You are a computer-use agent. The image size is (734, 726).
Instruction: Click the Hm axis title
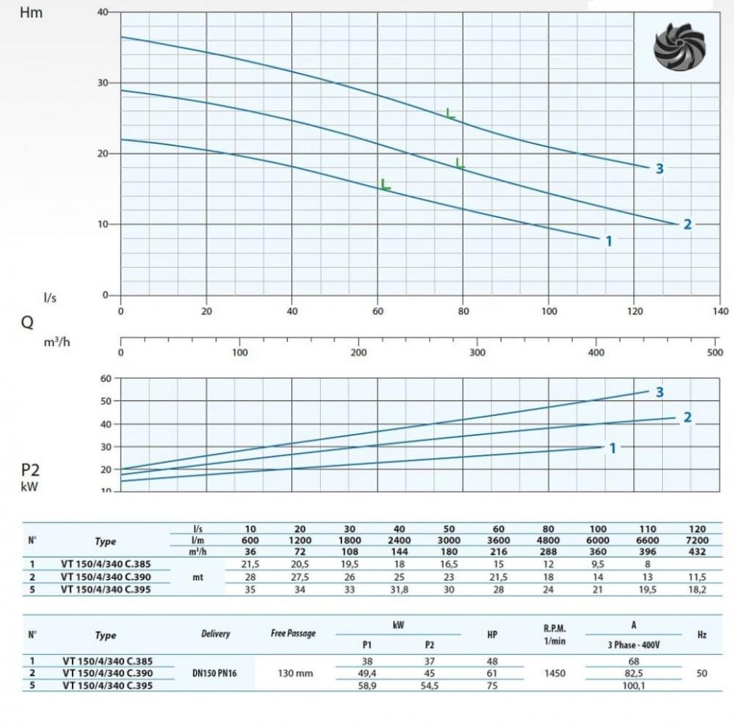tap(30, 13)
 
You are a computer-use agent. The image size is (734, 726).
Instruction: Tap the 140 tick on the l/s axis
tap(719, 311)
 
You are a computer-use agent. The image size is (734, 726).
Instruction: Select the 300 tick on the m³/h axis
tap(477, 353)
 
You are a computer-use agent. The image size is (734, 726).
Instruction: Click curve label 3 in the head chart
tap(659, 168)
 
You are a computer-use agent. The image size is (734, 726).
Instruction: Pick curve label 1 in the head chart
tap(608, 241)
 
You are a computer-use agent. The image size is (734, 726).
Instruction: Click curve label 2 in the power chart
tap(687, 417)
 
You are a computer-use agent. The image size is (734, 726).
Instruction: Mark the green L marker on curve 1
tap(385, 184)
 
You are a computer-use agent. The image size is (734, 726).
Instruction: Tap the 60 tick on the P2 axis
tap(106, 379)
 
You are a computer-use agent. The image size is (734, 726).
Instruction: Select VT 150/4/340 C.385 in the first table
tap(107, 563)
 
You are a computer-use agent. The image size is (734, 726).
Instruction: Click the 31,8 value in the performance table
tap(399, 589)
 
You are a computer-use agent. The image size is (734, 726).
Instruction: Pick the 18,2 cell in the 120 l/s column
tap(694, 589)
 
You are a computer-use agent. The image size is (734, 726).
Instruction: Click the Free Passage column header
tap(293, 633)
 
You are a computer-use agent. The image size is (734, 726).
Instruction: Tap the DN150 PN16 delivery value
tap(216, 674)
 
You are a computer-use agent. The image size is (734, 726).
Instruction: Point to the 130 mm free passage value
tap(295, 674)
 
